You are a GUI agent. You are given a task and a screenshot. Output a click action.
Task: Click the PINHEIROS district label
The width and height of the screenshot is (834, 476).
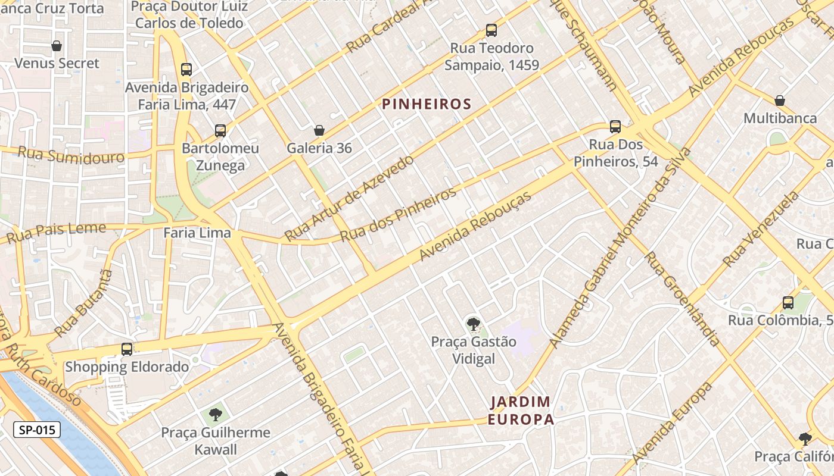(427, 105)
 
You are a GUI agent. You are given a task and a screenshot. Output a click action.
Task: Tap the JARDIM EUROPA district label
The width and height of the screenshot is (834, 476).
(521, 411)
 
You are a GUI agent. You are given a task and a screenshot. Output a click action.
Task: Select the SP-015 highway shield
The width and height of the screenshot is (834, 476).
(37, 430)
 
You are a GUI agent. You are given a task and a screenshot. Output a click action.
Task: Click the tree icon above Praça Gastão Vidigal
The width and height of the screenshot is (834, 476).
(474, 324)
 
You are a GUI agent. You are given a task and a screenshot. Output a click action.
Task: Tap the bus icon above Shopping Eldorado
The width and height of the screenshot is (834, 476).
(127, 349)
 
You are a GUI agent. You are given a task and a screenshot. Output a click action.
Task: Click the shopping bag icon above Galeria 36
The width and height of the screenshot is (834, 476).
(319, 130)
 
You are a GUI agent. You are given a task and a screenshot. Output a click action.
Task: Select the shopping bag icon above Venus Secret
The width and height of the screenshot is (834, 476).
(57, 46)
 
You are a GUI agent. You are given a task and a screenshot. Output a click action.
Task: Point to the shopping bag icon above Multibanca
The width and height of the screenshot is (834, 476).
(780, 101)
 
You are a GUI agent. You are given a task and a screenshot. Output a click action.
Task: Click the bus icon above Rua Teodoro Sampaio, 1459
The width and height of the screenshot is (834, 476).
(491, 30)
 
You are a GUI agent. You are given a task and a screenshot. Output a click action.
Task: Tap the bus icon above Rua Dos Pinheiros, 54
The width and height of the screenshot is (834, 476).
(615, 127)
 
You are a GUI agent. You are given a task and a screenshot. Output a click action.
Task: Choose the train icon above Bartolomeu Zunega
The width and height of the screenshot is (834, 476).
(220, 131)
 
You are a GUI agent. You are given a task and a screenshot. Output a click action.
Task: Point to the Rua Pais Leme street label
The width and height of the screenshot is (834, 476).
(57, 233)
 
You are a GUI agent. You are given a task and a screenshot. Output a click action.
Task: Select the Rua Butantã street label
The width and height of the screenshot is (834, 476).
(83, 303)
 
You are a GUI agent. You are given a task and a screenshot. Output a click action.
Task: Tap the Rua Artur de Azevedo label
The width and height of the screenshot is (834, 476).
(349, 198)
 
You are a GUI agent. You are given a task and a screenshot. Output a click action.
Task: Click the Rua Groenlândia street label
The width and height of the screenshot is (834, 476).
(682, 299)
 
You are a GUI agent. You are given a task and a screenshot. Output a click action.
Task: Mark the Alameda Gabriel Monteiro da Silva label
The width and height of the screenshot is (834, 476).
(620, 247)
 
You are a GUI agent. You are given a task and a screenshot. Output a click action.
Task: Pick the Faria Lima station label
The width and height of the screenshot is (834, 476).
(197, 233)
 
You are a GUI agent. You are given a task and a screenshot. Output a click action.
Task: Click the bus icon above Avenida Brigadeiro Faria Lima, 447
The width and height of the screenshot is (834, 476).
(186, 70)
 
